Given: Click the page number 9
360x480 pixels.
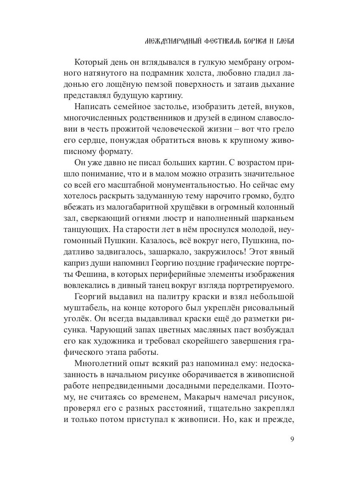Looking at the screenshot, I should pyautogui.click(x=292, y=439).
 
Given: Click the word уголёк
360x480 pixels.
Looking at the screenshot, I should pyautogui.click(x=78, y=320).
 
